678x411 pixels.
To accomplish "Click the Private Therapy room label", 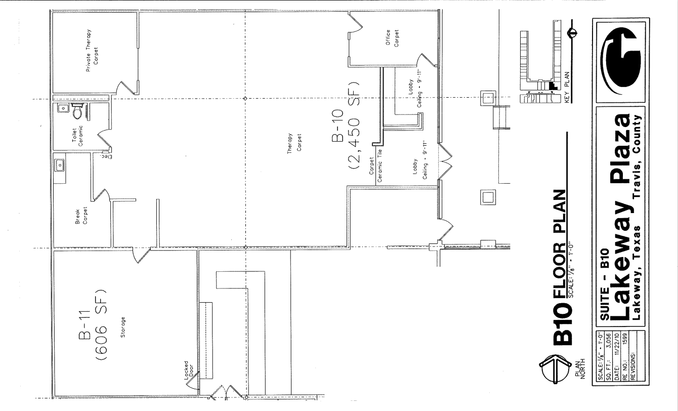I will (92, 50).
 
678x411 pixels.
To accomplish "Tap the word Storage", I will (122, 322).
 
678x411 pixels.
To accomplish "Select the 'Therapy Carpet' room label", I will (294, 147).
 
